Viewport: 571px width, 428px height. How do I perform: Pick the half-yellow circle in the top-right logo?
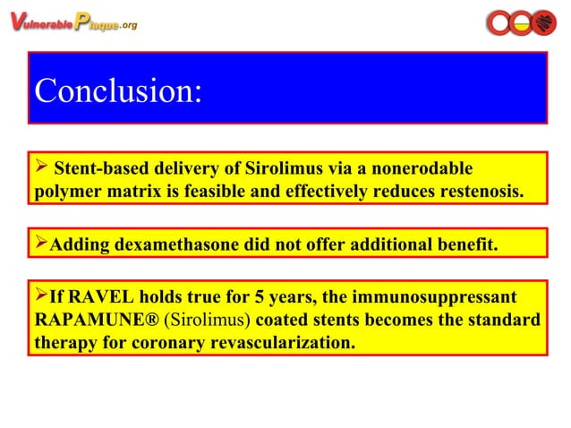tap(521, 23)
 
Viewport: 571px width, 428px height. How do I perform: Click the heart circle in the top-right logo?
tap(543, 23)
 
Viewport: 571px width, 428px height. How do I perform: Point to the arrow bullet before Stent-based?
tap(40, 168)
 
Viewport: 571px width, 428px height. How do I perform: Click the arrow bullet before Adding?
tap(40, 244)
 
